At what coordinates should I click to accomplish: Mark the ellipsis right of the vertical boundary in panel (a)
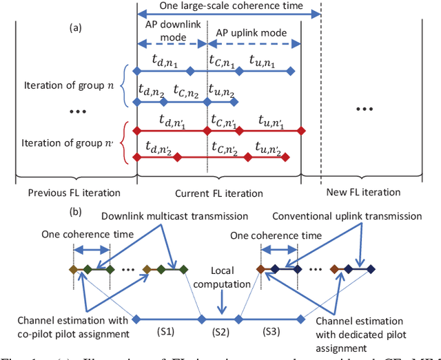pyautogui.click(x=368, y=109)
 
